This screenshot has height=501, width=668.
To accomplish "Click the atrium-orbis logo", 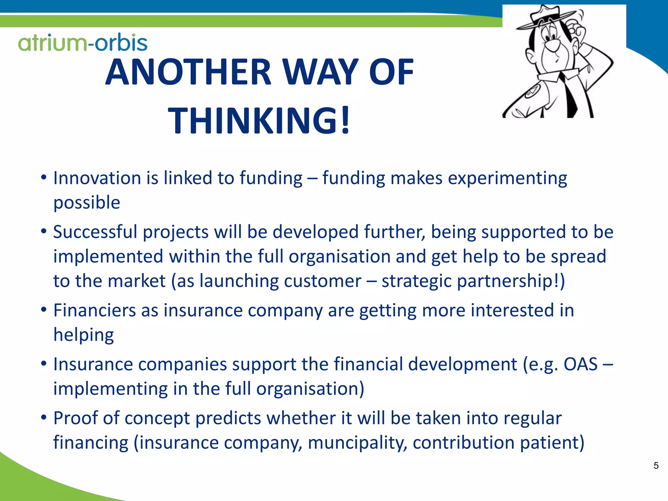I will point(83,43).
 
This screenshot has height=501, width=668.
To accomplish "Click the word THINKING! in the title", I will point(259,120).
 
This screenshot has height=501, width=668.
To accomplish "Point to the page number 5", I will point(656,465).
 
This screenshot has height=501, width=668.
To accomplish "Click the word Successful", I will point(95,232).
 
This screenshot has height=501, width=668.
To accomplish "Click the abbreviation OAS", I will point(581,364).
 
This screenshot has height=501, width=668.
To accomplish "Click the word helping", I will point(83,335).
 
